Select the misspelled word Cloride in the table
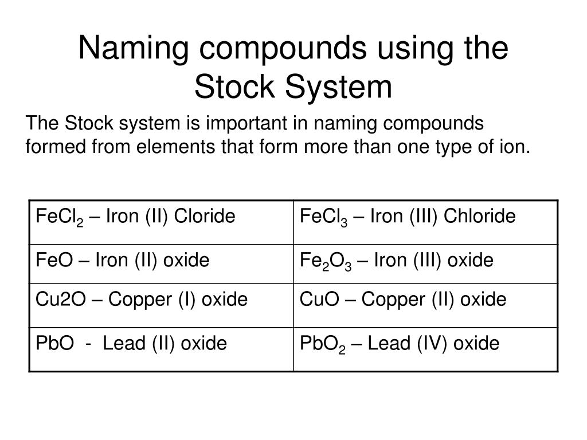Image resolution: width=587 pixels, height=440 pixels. pyautogui.click(x=205, y=217)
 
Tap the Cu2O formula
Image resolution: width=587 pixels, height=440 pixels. pyautogui.click(x=56, y=300)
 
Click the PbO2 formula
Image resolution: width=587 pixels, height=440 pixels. pyautogui.click(x=322, y=345)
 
